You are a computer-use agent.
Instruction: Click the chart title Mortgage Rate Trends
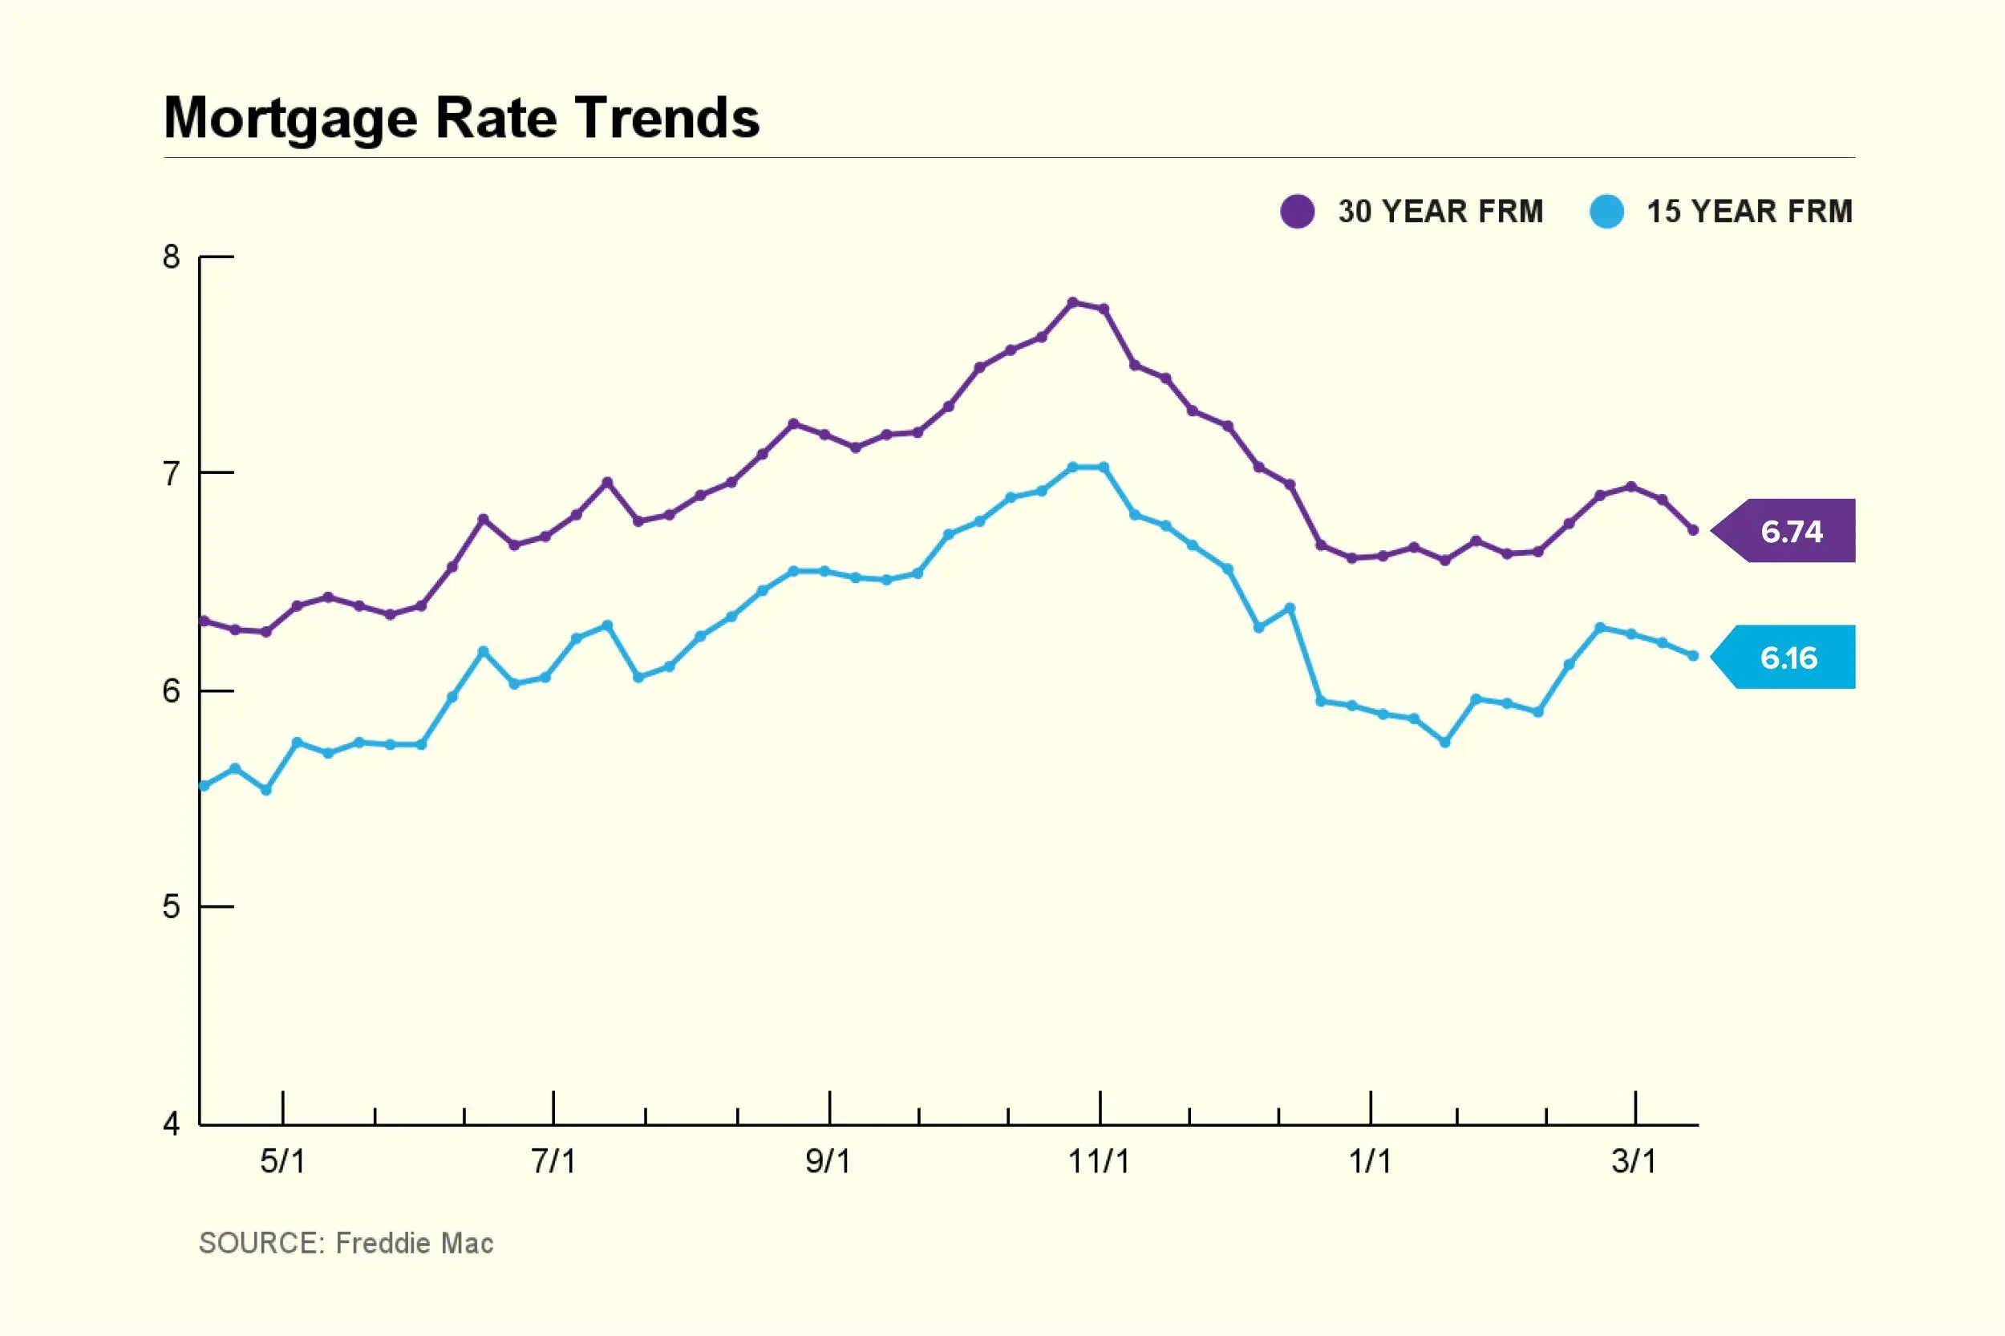pyautogui.click(x=461, y=118)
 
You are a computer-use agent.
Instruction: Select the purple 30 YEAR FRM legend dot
pyautogui.click(x=1297, y=212)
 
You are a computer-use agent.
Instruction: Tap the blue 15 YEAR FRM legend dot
pyautogui.click(x=1606, y=212)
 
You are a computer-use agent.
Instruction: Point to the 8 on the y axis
pyautogui.click(x=172, y=257)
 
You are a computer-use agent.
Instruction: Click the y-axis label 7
pyautogui.click(x=172, y=473)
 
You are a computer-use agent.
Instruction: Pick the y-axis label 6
pyautogui.click(x=172, y=691)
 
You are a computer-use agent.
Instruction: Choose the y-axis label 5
pyautogui.click(x=172, y=906)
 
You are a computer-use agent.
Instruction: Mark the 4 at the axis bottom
pyautogui.click(x=172, y=1124)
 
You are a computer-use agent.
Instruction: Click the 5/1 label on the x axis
pyautogui.click(x=282, y=1161)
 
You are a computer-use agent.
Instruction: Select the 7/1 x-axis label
pyautogui.click(x=553, y=1161)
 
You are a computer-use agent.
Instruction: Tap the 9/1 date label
pyautogui.click(x=828, y=1161)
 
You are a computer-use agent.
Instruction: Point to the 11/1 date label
pyautogui.click(x=1099, y=1161)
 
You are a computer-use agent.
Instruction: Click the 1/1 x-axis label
pyautogui.click(x=1369, y=1161)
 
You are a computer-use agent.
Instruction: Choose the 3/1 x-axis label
pyautogui.click(x=1634, y=1161)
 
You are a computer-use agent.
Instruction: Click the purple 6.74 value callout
pyautogui.click(x=1790, y=531)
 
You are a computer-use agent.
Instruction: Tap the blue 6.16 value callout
pyautogui.click(x=1788, y=657)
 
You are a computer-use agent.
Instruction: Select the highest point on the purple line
pyautogui.click(x=1073, y=302)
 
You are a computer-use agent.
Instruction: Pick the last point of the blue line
pyautogui.click(x=1693, y=655)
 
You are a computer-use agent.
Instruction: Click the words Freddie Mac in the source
pyautogui.click(x=414, y=1243)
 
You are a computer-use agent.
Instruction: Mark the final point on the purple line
pyautogui.click(x=1693, y=530)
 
